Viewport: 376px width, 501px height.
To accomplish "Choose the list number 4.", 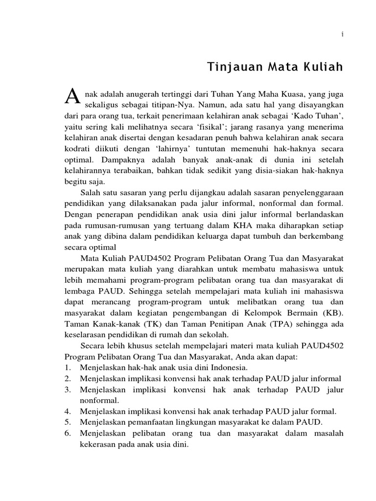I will point(68,411).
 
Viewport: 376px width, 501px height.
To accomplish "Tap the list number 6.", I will point(68,433).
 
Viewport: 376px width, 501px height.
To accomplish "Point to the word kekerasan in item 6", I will point(98,445).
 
